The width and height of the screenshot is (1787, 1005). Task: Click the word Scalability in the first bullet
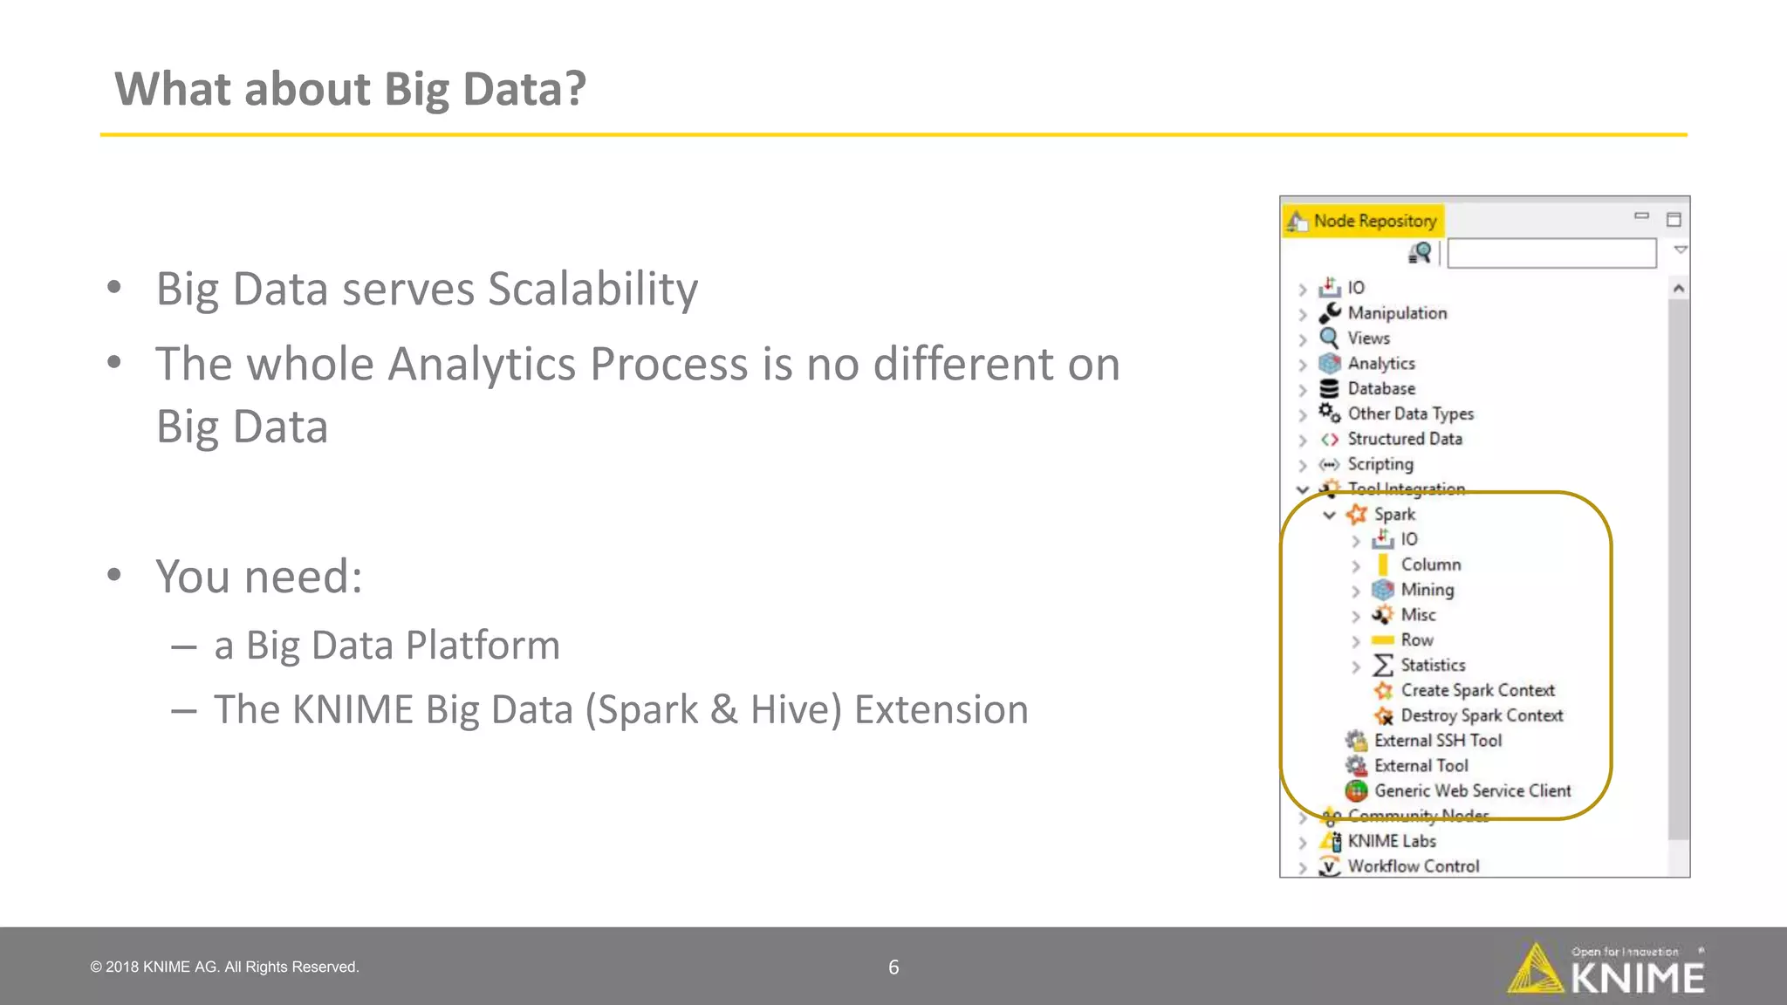[x=592, y=290]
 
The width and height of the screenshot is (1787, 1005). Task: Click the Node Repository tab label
[x=1374, y=221]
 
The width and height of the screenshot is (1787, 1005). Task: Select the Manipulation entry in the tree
[x=1396, y=313]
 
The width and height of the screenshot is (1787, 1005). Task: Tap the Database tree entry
[x=1380, y=389]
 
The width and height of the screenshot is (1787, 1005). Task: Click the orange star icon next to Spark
[x=1356, y=515]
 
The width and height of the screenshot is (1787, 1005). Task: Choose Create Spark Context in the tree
[x=1477, y=691]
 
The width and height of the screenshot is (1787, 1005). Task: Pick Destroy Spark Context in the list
[x=1481, y=716]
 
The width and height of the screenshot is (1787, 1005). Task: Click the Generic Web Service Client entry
[x=1472, y=791]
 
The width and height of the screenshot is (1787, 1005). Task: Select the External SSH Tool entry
[x=1437, y=741]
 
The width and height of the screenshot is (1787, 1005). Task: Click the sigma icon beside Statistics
[x=1382, y=666]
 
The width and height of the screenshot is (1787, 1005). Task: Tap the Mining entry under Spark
[x=1427, y=591]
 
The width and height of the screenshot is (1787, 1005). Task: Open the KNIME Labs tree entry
[x=1391, y=842]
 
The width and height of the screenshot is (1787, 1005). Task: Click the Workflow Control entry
[x=1413, y=866]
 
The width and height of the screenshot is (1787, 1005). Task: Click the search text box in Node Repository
[x=1551, y=254]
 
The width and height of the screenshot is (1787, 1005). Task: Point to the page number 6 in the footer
[x=893, y=967]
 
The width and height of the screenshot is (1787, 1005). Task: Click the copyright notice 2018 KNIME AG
[x=225, y=967]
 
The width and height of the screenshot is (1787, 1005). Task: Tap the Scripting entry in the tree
[x=1380, y=465]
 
